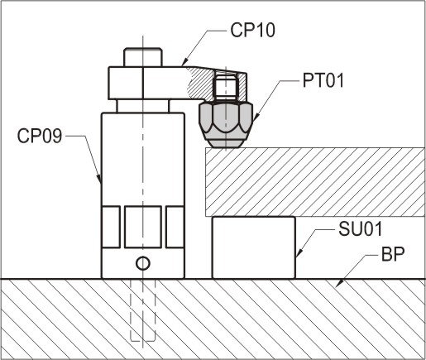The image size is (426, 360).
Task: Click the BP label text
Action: tap(393, 256)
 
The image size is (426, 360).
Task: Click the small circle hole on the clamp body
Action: tap(142, 264)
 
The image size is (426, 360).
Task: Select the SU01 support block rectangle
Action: tap(254, 247)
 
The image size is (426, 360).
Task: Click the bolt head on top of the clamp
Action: tap(143, 57)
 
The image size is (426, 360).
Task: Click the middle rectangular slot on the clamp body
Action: tap(142, 227)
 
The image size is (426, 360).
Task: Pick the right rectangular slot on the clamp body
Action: tap(175, 227)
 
